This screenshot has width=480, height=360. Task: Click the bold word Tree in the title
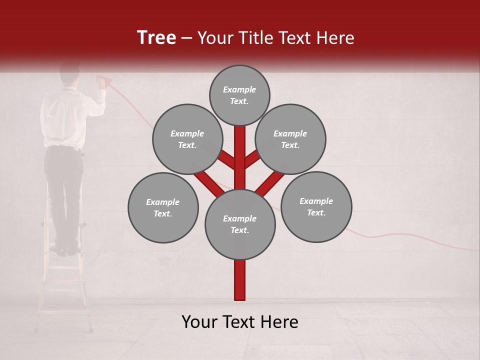(156, 38)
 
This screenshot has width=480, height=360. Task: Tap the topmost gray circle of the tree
(239, 95)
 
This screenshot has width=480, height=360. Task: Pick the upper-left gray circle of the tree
(187, 139)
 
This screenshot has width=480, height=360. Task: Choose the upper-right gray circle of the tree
(290, 139)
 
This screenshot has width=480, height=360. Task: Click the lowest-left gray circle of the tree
(163, 207)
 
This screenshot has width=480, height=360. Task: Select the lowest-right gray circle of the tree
(316, 206)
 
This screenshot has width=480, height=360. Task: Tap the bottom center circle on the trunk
(240, 224)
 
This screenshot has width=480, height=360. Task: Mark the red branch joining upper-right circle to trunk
(252, 160)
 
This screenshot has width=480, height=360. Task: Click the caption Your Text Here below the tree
(240, 322)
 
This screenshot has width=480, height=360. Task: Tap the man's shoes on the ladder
(67, 249)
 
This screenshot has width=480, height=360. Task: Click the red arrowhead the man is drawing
(104, 79)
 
